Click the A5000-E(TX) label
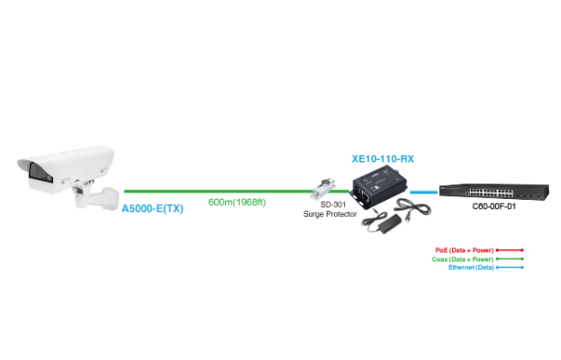(153, 208)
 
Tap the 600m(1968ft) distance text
(238, 202)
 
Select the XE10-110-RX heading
(381, 158)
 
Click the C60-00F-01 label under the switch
(494, 206)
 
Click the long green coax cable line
(216, 191)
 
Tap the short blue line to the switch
(423, 191)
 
